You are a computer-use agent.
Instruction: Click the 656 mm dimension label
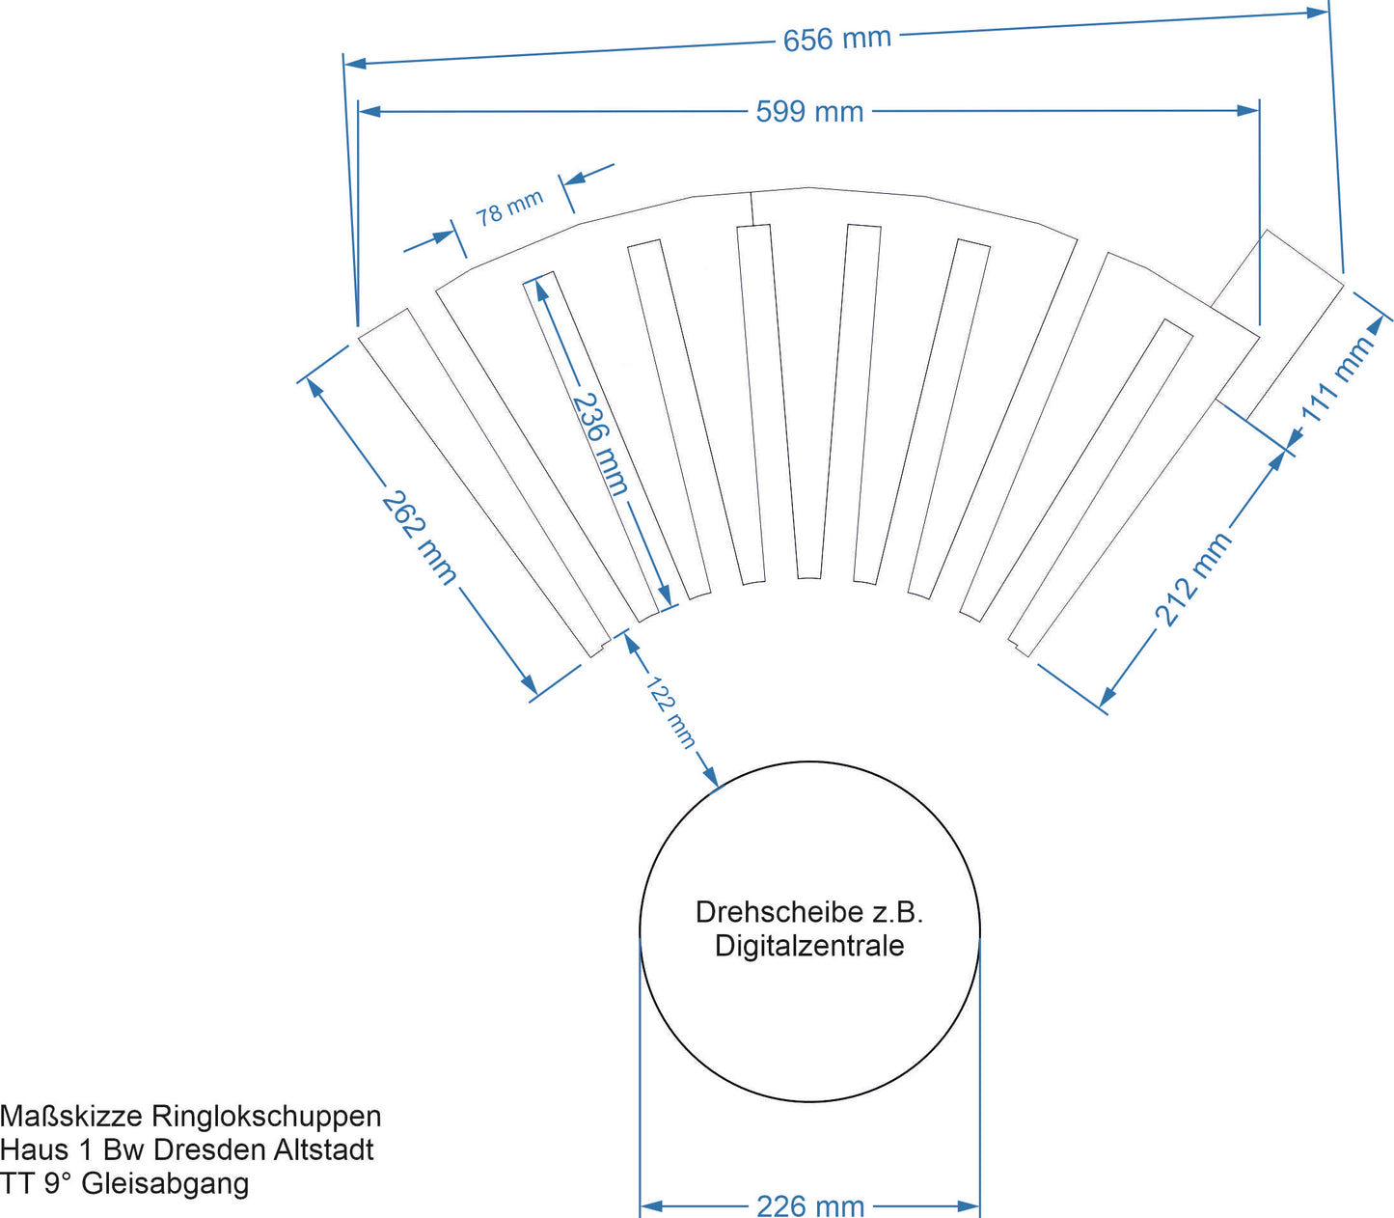click(836, 40)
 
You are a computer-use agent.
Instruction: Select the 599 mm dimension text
click(809, 112)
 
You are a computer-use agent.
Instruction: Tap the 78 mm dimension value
click(509, 207)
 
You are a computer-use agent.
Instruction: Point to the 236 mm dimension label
click(600, 443)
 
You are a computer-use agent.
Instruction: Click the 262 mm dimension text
click(419, 538)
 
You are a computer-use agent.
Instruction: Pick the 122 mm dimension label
click(670, 712)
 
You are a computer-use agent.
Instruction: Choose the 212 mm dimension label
click(1193, 579)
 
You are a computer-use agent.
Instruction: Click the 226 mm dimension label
click(809, 1205)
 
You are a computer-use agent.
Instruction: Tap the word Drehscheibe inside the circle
click(765, 912)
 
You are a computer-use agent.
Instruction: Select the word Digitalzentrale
click(809, 946)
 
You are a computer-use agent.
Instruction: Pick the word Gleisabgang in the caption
click(165, 1183)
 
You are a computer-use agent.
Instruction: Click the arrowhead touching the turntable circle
click(711, 778)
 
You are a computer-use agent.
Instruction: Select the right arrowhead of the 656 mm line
click(1319, 13)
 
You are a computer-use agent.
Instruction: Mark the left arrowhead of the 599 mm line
click(369, 112)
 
